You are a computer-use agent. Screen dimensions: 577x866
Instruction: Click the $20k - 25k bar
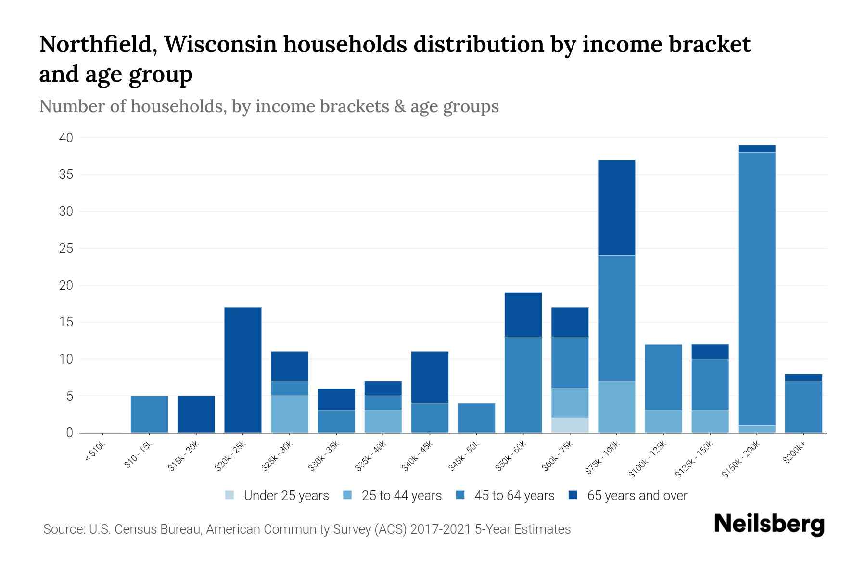243,370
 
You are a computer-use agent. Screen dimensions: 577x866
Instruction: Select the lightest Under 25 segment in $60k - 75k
570,425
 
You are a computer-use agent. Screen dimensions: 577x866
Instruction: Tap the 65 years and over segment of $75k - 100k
616,207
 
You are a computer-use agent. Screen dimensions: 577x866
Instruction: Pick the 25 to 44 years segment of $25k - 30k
290,414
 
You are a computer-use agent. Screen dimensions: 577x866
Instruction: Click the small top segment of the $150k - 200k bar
756,149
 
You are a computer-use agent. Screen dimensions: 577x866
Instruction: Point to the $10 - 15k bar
150,414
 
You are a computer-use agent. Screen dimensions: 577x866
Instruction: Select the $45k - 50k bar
476,418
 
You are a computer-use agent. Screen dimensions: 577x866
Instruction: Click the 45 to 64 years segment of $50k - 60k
523,385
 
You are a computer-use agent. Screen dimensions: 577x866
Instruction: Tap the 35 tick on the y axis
66,175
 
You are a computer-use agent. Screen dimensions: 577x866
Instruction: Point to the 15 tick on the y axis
66,322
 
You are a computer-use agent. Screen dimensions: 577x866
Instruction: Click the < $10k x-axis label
95,452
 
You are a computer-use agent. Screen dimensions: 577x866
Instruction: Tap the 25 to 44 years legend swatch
347,495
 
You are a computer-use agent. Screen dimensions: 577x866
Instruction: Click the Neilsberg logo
769,524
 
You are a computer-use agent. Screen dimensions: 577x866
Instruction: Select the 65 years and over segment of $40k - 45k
430,377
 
